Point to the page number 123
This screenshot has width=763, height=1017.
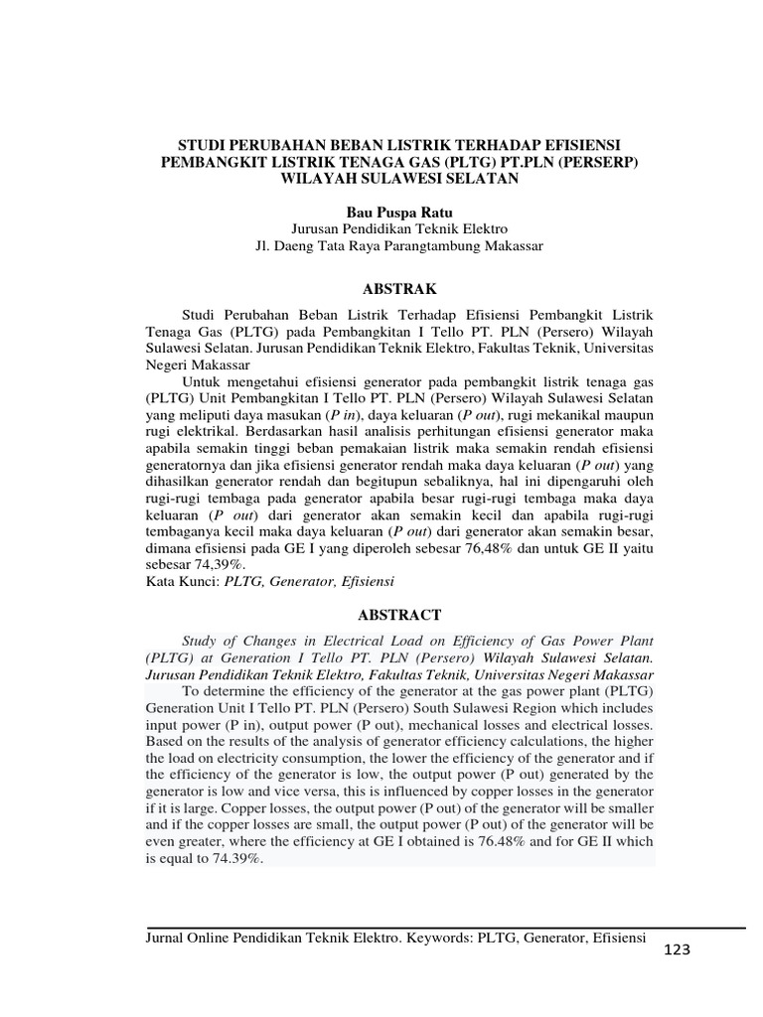pyautogui.click(x=675, y=950)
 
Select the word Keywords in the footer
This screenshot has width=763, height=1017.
pyautogui.click(x=438, y=937)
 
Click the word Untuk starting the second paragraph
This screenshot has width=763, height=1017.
pyautogui.click(x=206, y=381)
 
